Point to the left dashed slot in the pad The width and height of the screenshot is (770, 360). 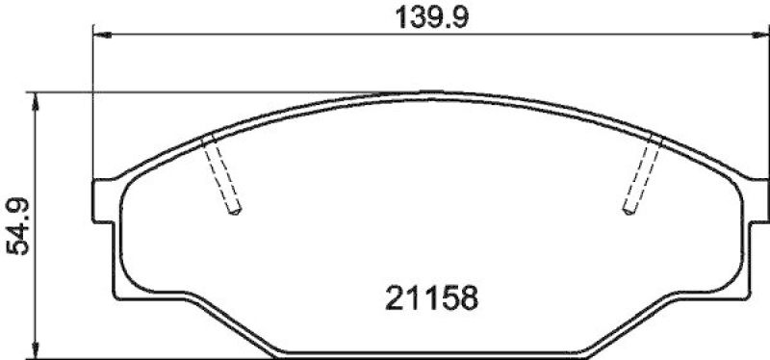click(x=222, y=176)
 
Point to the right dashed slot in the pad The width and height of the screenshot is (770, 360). click(x=642, y=176)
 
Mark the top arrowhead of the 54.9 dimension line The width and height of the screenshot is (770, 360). click(x=37, y=100)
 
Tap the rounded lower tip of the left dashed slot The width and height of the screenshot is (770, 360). click(x=234, y=211)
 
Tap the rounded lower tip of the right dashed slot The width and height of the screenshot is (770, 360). click(x=629, y=211)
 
